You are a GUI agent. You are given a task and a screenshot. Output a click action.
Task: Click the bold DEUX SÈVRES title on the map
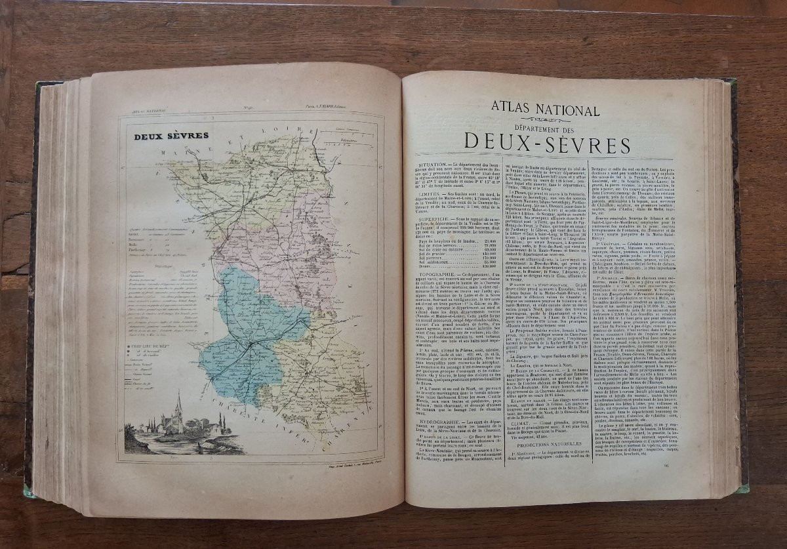(x=171, y=136)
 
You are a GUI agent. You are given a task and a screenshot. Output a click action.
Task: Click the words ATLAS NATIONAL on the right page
(x=545, y=110)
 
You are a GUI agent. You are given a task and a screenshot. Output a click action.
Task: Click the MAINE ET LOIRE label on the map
(x=216, y=148)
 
